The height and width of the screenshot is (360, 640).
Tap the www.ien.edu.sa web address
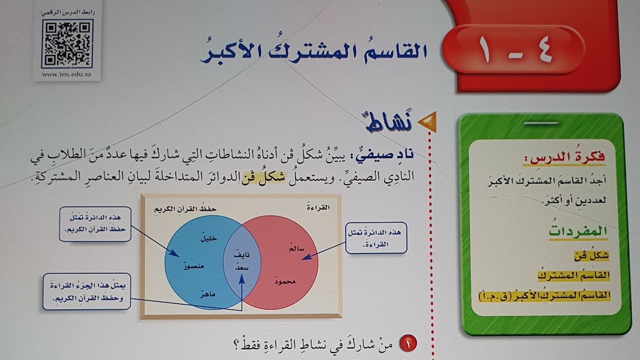66,75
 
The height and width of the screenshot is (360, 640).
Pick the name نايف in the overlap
241,254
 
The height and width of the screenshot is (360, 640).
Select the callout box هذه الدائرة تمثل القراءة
376,237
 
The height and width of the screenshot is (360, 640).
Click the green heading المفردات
578,231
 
